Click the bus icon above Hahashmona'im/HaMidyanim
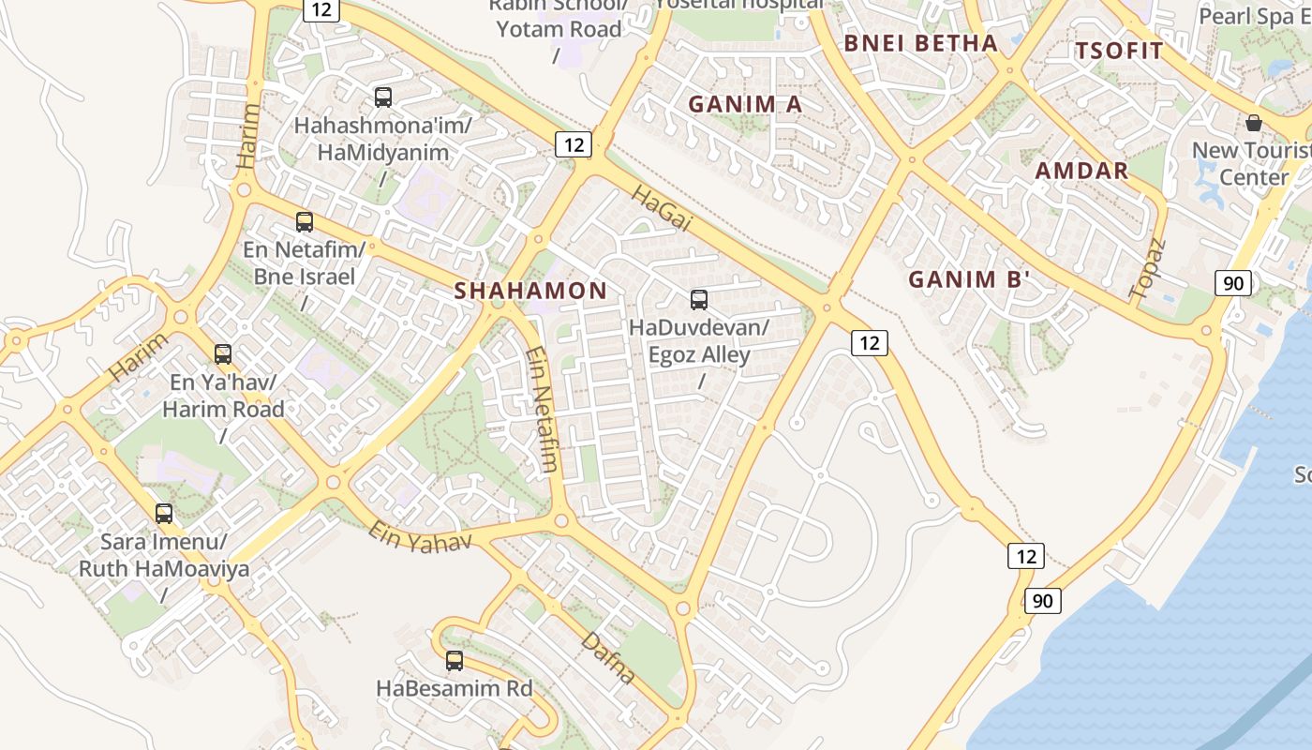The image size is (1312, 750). tap(382, 97)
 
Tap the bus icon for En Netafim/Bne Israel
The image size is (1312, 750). tap(304, 222)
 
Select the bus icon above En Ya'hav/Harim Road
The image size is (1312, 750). tap(222, 354)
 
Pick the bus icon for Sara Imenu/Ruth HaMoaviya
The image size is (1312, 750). tap(164, 514)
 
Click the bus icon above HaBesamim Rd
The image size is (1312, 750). tap(455, 661)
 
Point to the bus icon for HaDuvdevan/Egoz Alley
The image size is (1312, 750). tap(698, 300)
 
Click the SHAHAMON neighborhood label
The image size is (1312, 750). tap(530, 291)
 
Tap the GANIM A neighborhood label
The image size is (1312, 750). tap(745, 104)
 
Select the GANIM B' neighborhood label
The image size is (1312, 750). tap(969, 279)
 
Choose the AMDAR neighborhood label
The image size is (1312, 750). tap(1081, 171)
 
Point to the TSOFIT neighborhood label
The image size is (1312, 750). tap(1119, 51)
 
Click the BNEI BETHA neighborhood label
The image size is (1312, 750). tap(920, 43)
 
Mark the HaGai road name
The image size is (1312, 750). tap(661, 208)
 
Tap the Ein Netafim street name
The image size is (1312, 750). tap(543, 410)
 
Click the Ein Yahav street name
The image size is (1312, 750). tap(419, 537)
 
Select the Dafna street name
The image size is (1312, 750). tap(608, 657)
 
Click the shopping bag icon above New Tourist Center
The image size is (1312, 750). tap(1253, 123)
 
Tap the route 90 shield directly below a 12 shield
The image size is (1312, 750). tap(1042, 600)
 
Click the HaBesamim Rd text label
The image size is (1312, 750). tap(454, 688)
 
